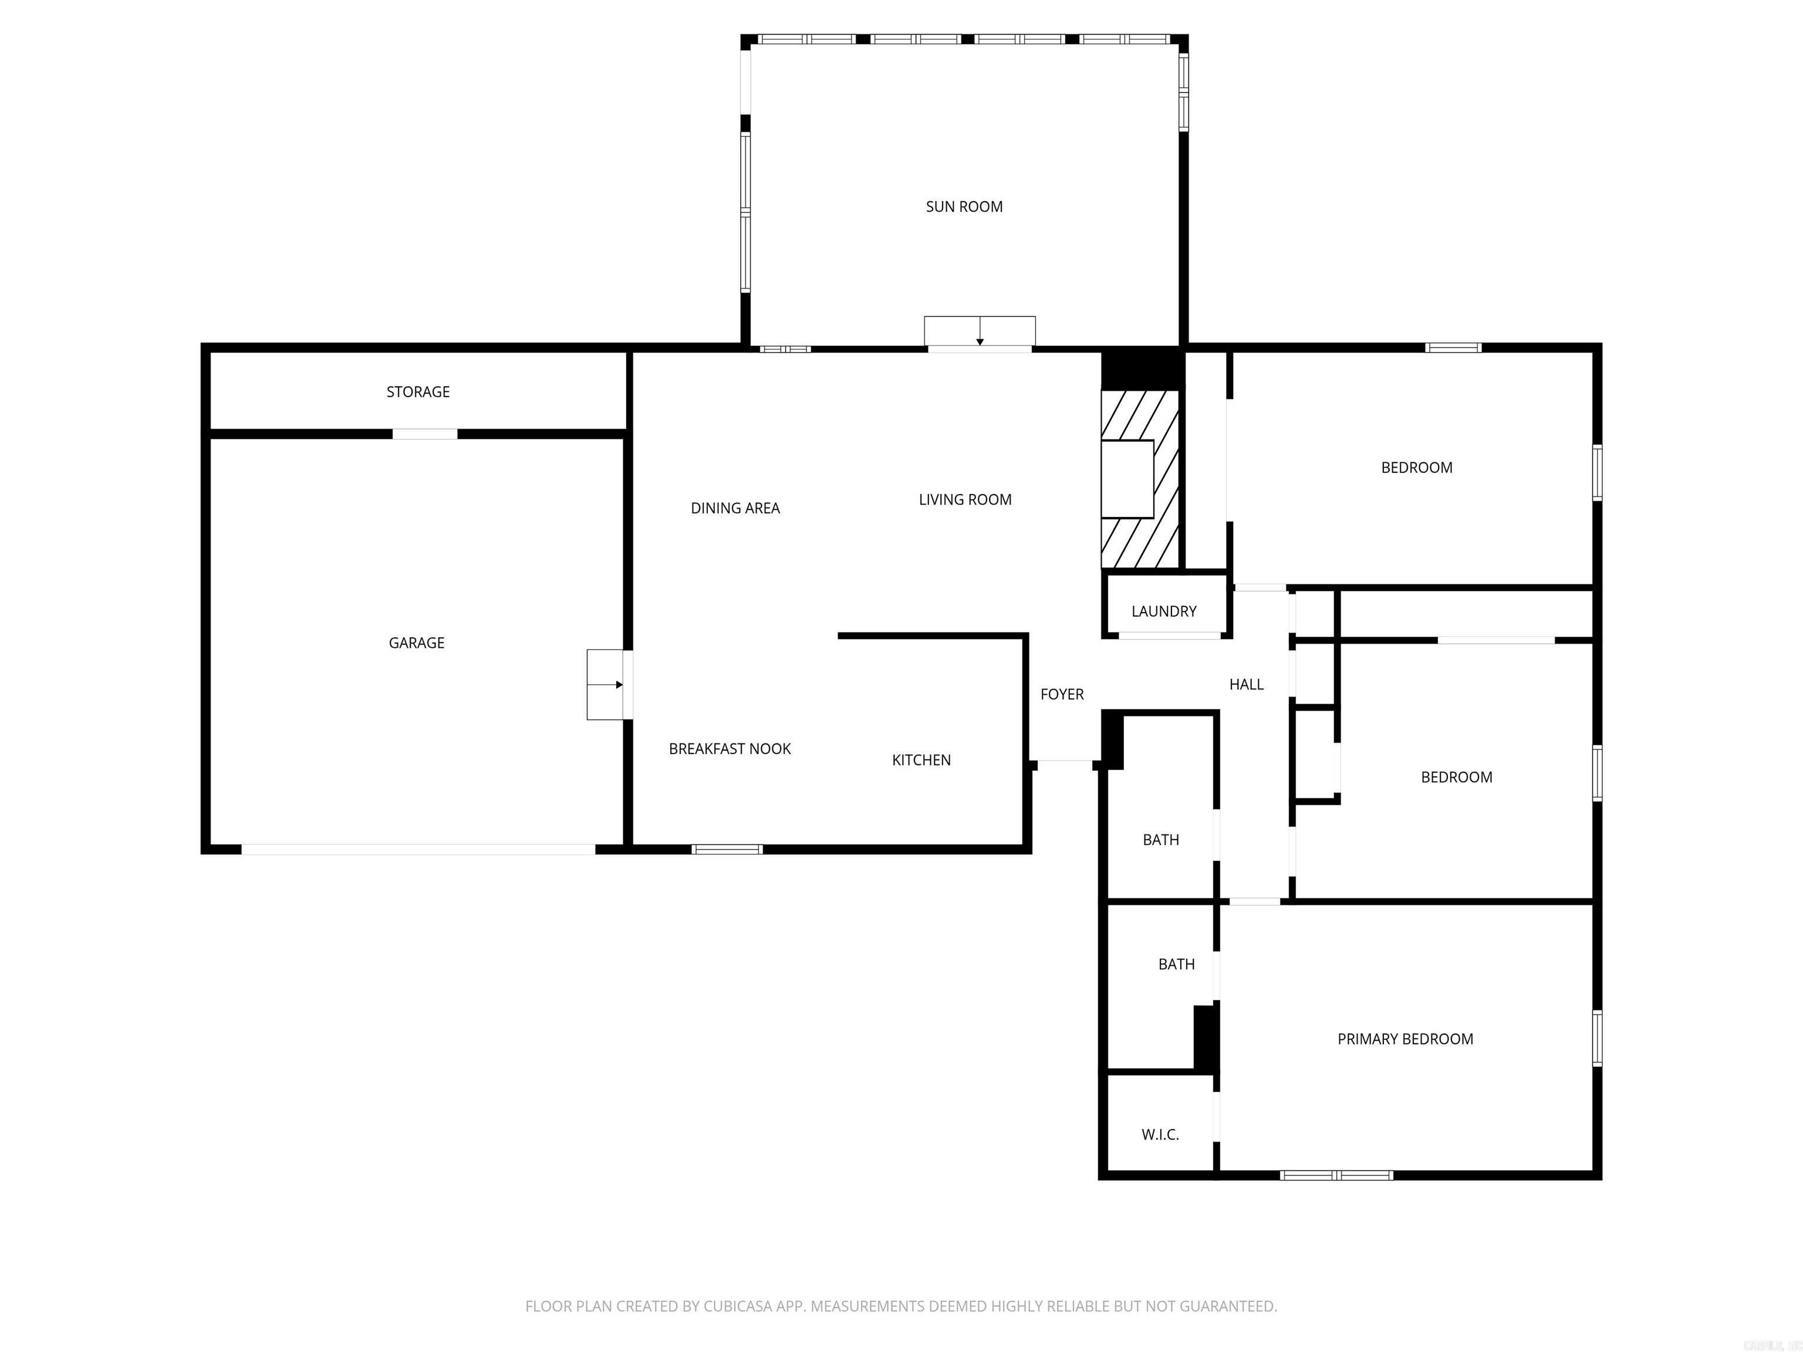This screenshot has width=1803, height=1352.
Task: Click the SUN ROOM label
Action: (964, 207)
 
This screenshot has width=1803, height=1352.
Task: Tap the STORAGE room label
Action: (417, 392)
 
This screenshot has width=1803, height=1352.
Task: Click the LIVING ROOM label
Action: (964, 499)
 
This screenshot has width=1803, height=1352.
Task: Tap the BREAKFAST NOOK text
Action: (730, 749)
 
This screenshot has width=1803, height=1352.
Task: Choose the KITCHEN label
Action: (921, 760)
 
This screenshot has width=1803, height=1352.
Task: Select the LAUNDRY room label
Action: (1163, 611)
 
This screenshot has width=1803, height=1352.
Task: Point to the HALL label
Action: (1245, 685)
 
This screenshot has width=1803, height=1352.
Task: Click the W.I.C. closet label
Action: (1159, 1134)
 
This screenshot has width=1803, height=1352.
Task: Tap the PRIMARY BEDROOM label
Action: (1404, 1039)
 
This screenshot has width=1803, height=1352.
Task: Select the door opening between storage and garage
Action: (425, 434)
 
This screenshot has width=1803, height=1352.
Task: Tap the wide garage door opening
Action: (417, 849)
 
